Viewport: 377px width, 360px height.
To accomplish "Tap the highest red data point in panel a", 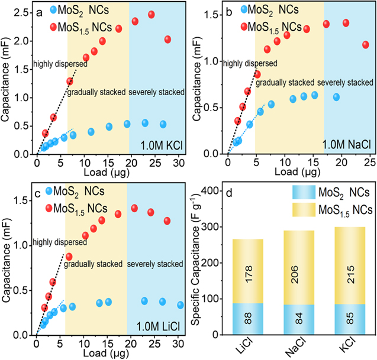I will (151, 14).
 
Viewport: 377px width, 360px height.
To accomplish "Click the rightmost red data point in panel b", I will (366, 45).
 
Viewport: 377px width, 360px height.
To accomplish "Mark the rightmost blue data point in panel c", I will (181, 305).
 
